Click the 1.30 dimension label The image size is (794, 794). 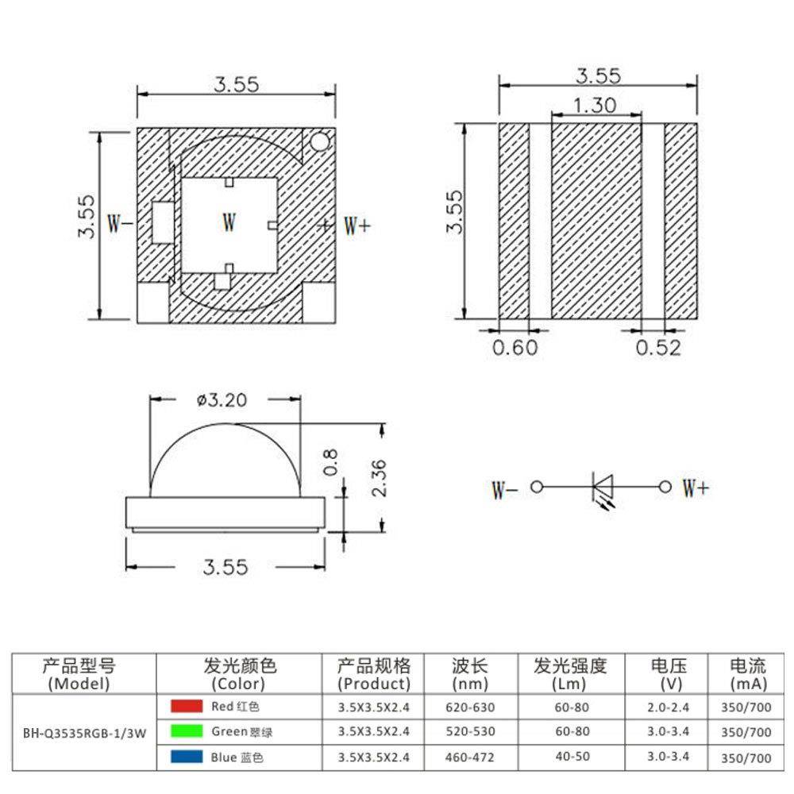(595, 105)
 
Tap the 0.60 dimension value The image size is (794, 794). (515, 348)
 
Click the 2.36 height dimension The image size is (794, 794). (379, 477)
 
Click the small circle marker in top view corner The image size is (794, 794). (319, 142)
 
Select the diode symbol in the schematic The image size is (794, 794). (601, 486)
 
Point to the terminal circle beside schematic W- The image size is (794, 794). (537, 486)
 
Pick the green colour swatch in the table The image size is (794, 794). (186, 730)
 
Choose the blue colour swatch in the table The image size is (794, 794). (186, 757)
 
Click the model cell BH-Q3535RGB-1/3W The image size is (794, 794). (85, 730)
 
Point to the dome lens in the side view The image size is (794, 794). (225, 461)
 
